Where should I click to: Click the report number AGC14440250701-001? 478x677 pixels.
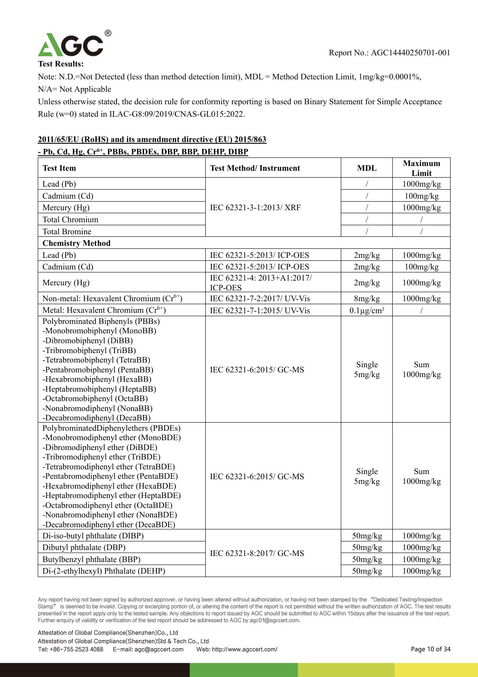[410, 53]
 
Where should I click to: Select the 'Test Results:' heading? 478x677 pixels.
[61, 64]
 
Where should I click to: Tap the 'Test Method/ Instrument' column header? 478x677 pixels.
[255, 168]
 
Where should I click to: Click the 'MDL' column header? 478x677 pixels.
[367, 168]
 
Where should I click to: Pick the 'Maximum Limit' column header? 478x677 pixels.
[421, 168]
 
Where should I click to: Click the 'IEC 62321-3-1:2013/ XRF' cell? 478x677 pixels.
[255, 208]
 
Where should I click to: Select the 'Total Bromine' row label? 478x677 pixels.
[67, 232]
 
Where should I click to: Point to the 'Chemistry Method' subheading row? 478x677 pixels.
[76, 243]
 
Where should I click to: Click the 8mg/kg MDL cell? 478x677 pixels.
[367, 299]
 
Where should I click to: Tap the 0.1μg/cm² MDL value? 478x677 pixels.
[367, 311]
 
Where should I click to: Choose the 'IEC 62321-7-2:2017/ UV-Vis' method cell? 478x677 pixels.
[260, 299]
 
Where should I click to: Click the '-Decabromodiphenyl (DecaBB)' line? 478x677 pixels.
[96, 418]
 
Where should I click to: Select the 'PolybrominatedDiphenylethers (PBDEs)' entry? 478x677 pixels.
[111, 428]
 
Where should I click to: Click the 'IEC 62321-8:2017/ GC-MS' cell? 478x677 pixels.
[257, 553]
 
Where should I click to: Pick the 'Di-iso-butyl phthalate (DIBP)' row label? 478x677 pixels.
[93, 536]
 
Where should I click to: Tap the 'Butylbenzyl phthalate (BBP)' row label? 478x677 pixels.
[91, 559]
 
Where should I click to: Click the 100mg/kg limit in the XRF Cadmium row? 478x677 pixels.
[421, 196]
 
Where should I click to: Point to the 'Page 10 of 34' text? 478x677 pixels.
[430, 649]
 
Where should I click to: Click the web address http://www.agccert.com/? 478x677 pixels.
[237, 649]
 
